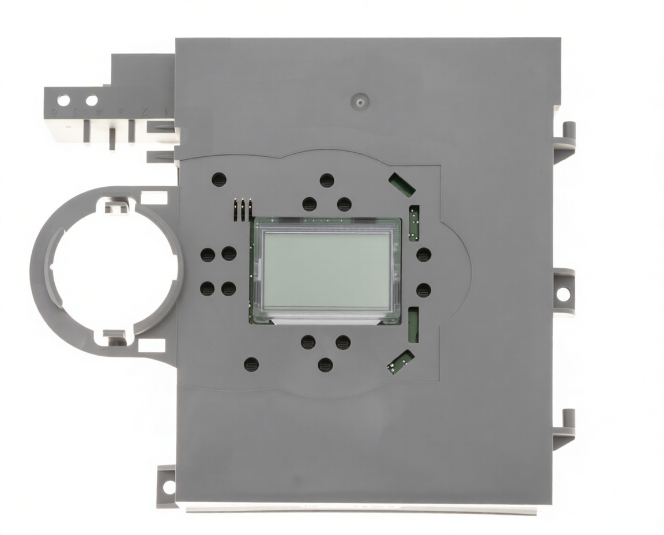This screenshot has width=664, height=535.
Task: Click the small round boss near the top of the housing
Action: click(x=360, y=102)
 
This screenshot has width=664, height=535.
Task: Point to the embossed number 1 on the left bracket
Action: click(x=167, y=110)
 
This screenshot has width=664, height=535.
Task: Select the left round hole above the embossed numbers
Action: click(x=63, y=100)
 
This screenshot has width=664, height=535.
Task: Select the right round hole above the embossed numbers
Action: click(x=91, y=100)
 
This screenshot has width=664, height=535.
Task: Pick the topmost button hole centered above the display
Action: click(x=327, y=180)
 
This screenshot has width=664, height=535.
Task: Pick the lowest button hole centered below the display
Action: click(x=326, y=365)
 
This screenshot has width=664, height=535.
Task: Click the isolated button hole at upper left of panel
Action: click(x=219, y=179)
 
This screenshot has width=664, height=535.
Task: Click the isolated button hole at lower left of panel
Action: click(x=251, y=364)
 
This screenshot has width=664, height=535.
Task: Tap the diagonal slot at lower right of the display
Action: click(x=401, y=361)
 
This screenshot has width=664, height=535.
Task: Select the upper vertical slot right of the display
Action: click(x=413, y=223)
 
